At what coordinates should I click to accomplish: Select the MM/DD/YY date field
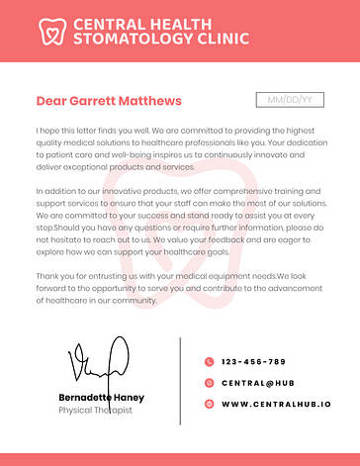290,100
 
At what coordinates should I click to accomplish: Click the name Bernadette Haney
101,397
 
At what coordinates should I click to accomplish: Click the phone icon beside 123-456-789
209,361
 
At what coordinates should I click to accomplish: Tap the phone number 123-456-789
253,361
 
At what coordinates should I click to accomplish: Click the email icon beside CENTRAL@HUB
209,382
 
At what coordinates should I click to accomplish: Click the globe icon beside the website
209,404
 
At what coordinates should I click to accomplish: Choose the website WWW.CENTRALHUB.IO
276,404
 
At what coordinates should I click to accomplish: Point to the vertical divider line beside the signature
180,381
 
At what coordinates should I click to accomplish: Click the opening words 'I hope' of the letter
46,131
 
